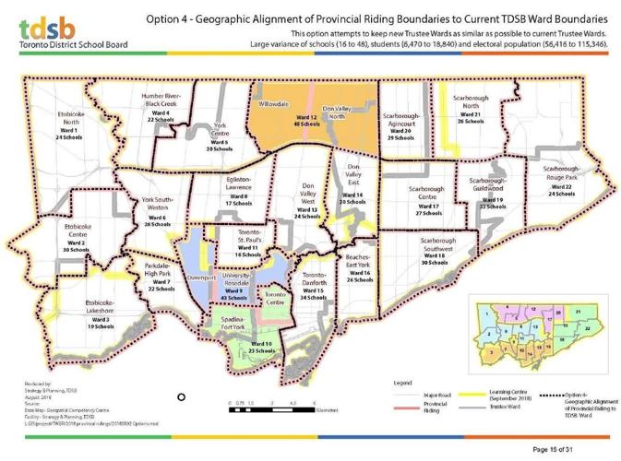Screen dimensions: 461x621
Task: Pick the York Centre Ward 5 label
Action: tap(219, 135)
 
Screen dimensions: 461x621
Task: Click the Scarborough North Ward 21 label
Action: tap(471, 109)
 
